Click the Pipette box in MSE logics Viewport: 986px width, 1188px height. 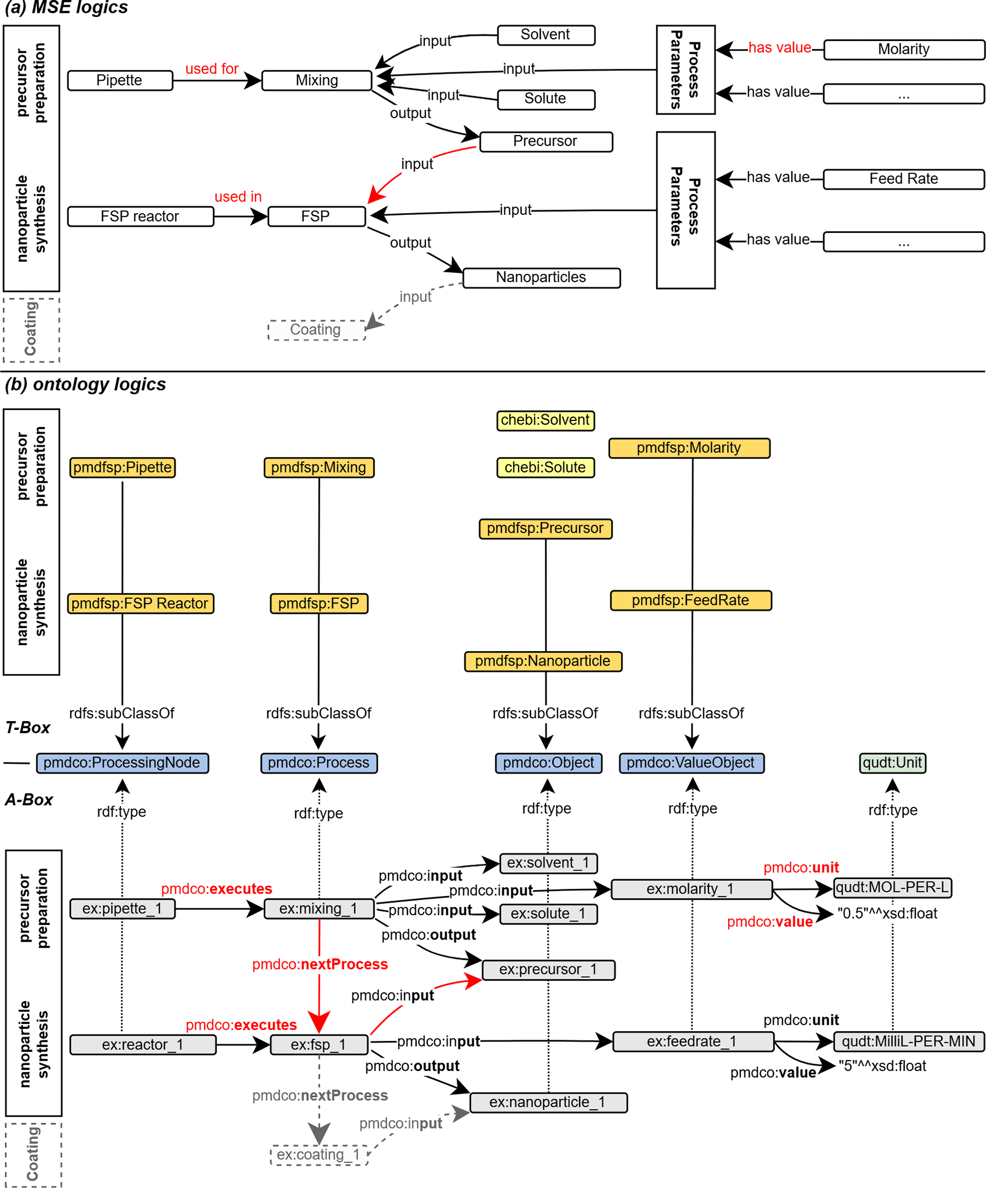tap(120, 81)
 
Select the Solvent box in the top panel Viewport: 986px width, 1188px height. tap(545, 35)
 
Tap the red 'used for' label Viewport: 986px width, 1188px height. tap(212, 69)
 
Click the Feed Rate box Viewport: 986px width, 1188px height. tap(903, 179)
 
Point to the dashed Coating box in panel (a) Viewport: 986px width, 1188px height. tap(316, 330)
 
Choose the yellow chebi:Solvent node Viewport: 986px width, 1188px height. tap(545, 421)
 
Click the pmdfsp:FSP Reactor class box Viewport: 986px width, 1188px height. tap(140, 604)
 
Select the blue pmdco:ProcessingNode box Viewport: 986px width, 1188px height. tap(122, 763)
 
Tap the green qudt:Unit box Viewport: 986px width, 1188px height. tap(892, 763)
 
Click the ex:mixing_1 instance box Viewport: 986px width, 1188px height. tap(319, 909)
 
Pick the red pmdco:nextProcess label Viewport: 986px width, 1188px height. tap(320, 964)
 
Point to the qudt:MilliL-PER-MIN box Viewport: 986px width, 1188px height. tap(908, 1041)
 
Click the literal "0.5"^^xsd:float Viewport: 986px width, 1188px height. tap(887, 913)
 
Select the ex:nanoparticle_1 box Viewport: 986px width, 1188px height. tap(548, 1102)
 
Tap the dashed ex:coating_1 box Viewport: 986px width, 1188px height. tap(319, 1154)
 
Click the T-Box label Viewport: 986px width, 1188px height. tap(28, 728)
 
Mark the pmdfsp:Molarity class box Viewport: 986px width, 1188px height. tap(689, 448)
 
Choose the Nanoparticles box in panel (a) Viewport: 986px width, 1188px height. tap(541, 277)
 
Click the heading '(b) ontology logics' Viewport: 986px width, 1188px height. tap(86, 385)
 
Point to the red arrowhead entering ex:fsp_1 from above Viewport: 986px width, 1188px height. tap(319, 1021)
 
